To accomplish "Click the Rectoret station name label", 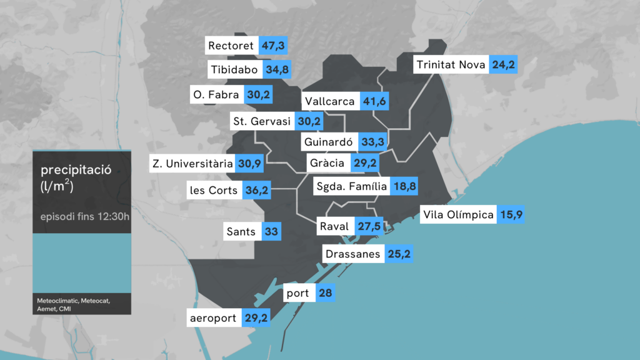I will click(x=231, y=46).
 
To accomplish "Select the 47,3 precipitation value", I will click(x=273, y=46).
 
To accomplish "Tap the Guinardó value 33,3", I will click(x=372, y=142).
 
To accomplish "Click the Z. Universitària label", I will click(x=192, y=164).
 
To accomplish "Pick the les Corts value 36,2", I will click(x=256, y=190).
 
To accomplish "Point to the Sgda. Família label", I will click(x=351, y=186).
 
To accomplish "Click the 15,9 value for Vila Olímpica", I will click(x=511, y=215).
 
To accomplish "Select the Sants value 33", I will click(x=271, y=232).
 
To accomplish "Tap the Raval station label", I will click(x=334, y=226).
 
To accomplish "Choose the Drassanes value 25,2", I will click(x=398, y=254).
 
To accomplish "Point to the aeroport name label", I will click(x=214, y=318).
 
